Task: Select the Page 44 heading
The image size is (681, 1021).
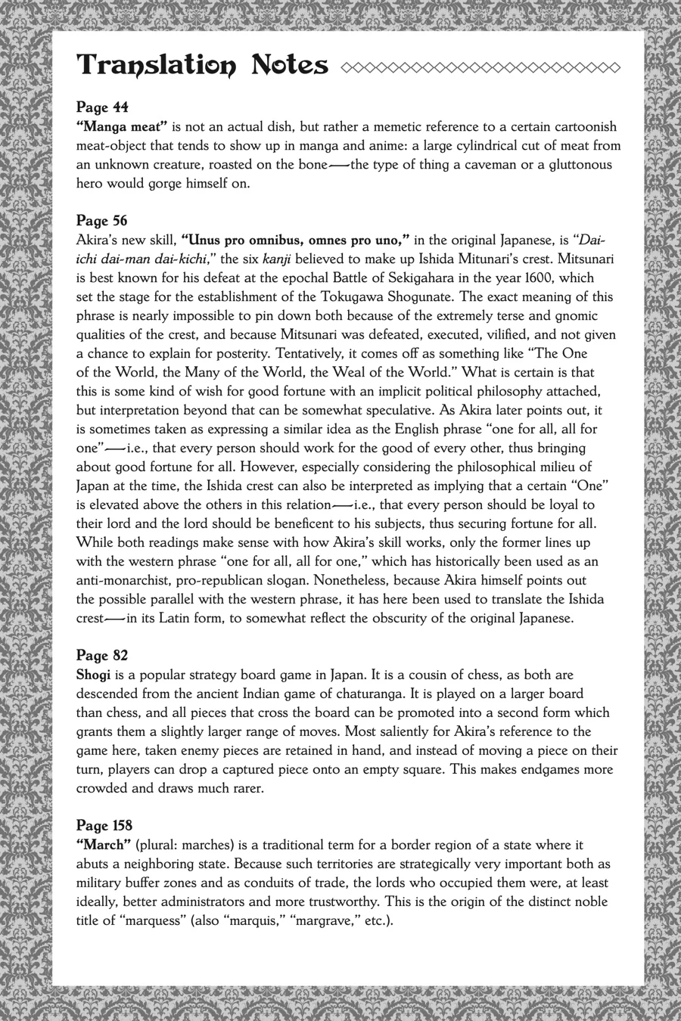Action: [102, 107]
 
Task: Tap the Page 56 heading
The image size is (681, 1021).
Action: [102, 221]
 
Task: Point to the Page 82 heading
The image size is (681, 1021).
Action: [102, 655]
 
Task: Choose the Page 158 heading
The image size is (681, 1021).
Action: [105, 825]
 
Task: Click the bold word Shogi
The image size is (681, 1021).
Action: [94, 675]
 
